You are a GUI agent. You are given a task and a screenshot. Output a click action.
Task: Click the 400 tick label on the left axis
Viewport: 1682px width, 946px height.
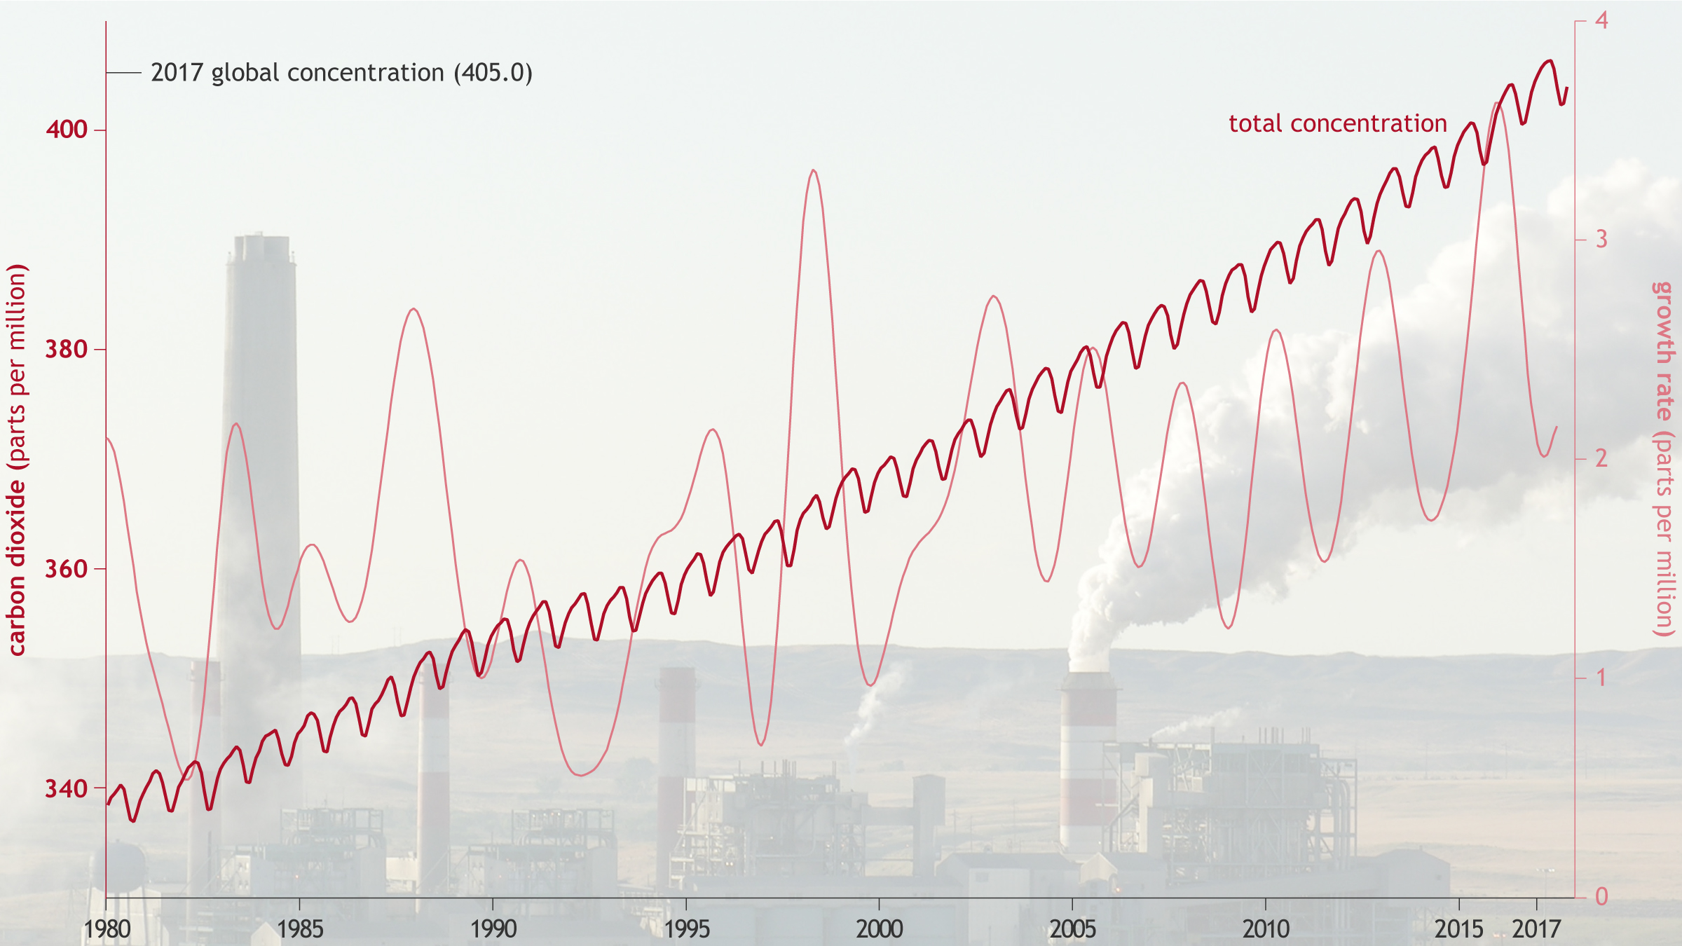point(67,130)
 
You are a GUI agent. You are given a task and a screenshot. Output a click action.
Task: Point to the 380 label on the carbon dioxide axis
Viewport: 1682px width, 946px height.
point(67,349)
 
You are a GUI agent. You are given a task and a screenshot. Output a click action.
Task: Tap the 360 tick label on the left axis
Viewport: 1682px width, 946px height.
point(67,569)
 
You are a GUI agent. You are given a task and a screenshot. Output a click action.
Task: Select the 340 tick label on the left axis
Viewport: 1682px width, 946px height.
point(67,788)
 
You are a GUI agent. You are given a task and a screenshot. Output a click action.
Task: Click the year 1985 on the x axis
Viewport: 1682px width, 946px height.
point(300,929)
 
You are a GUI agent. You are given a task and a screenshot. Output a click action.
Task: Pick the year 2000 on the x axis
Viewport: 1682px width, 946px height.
point(880,929)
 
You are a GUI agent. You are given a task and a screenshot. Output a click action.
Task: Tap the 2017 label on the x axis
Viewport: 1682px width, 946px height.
point(1536,929)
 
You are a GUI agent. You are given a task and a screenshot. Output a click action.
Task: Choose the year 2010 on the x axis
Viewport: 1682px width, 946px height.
point(1266,929)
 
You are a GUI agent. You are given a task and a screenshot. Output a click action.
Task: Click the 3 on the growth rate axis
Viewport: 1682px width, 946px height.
point(1601,240)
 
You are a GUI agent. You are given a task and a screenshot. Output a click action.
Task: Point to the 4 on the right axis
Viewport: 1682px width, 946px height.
point(1601,20)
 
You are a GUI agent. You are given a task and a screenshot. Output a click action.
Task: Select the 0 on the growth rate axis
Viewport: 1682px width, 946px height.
point(1601,897)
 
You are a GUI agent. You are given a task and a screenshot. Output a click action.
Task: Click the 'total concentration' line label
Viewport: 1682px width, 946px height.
point(1338,124)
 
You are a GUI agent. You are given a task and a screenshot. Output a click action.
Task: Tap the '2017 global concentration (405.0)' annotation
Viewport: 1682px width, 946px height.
point(341,73)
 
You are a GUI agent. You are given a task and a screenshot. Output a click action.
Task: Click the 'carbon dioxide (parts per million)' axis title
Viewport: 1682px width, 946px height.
point(17,460)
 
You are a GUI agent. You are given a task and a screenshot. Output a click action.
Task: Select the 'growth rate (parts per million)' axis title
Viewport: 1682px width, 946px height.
point(1664,460)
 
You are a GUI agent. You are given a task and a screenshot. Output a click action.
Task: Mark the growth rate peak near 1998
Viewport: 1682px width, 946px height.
point(813,170)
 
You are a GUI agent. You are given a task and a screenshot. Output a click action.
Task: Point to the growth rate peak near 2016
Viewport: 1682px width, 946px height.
point(1496,104)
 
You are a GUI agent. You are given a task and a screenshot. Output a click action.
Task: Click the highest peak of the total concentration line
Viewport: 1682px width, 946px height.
point(1550,61)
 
